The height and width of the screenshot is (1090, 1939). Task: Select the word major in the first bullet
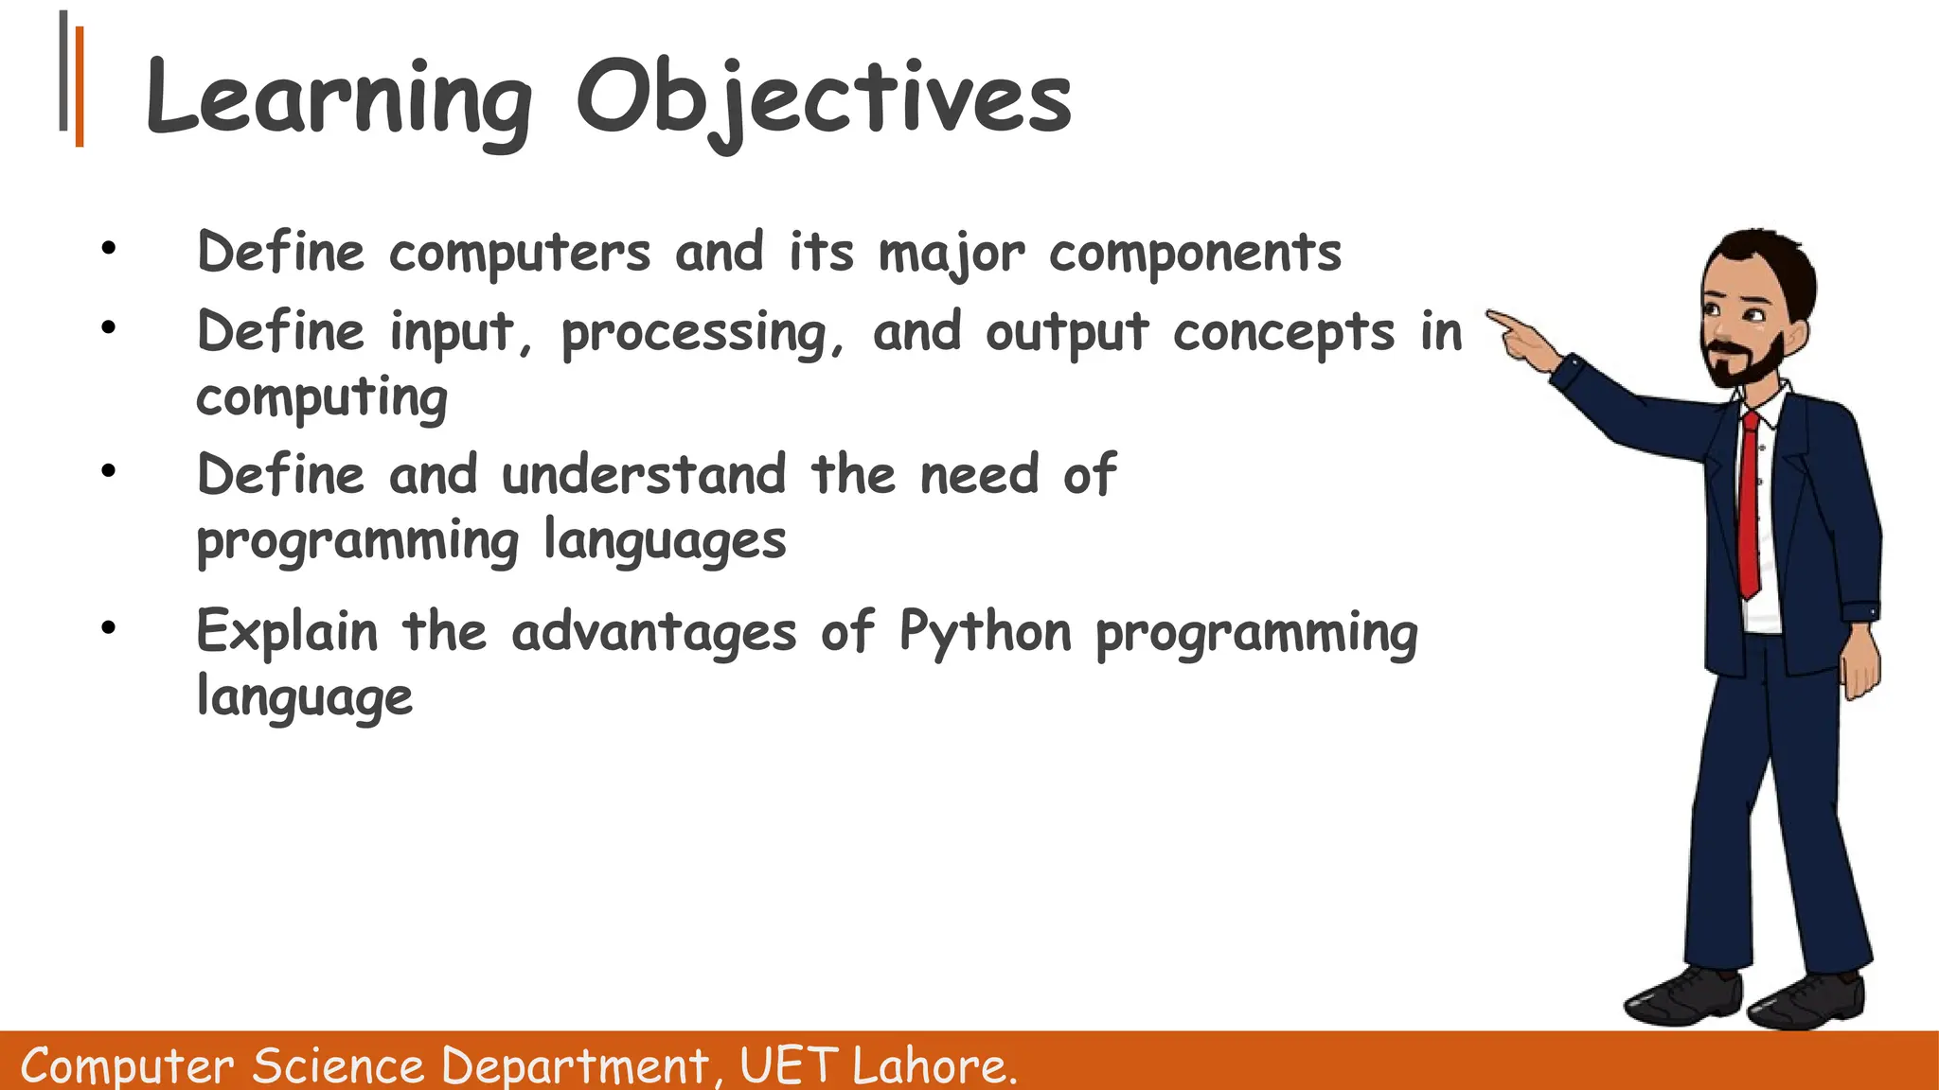click(x=951, y=254)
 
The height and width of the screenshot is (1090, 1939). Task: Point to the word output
click(x=1067, y=334)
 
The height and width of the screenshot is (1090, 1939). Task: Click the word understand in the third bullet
click(x=644, y=475)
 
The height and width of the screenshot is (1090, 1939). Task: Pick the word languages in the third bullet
click(x=665, y=541)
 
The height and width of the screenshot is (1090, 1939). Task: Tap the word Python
click(x=985, y=632)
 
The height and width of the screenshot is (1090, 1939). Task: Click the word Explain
click(x=287, y=632)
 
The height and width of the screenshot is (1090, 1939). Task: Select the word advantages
click(x=653, y=632)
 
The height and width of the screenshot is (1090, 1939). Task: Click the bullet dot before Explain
click(x=109, y=627)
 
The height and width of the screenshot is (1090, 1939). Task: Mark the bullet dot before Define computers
click(x=109, y=249)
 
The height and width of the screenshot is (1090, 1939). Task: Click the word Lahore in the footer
click(x=932, y=1065)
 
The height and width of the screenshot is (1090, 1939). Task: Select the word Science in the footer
click(x=338, y=1065)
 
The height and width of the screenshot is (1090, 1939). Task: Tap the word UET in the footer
click(x=788, y=1065)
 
